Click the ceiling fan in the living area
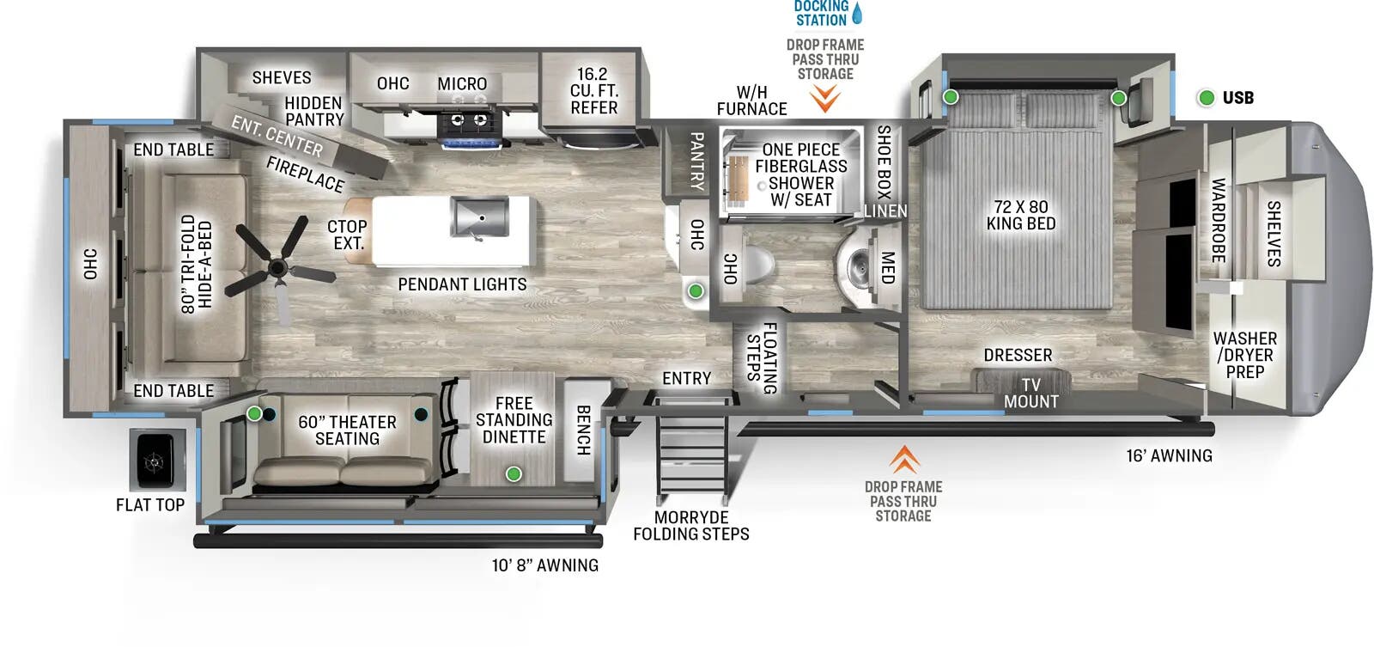(x=277, y=268)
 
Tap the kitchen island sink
(x=478, y=217)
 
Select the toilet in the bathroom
(x=757, y=263)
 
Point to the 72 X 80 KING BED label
(x=1020, y=215)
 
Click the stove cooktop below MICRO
(x=468, y=125)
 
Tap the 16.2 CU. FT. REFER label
(x=593, y=91)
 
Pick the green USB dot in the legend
(x=1207, y=98)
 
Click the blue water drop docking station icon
(x=856, y=13)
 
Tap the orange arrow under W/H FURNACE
(x=825, y=101)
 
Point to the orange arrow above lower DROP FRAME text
(x=903, y=460)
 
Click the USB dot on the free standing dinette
(x=514, y=473)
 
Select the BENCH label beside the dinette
(x=582, y=430)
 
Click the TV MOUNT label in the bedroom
(x=1030, y=394)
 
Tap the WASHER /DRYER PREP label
(x=1244, y=355)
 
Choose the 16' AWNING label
(x=1169, y=456)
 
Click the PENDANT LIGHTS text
(x=462, y=284)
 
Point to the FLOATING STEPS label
(x=762, y=357)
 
